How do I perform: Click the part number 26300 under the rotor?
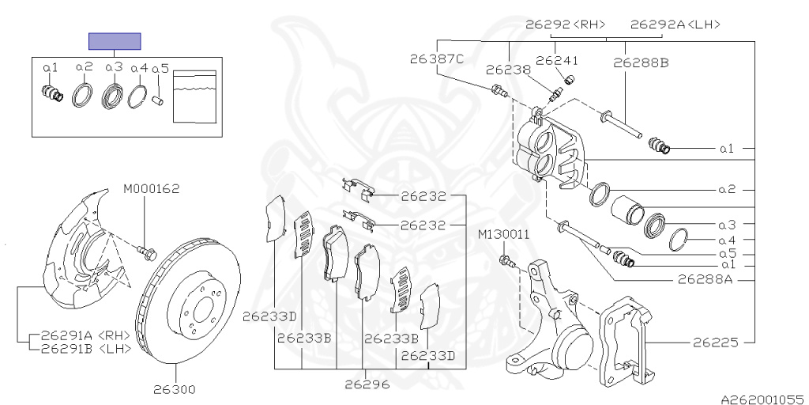(x=175, y=388)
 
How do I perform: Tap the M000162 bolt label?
(x=151, y=189)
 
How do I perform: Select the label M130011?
(x=503, y=234)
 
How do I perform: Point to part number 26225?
(x=715, y=343)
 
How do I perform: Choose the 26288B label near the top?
(x=641, y=63)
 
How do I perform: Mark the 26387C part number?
(x=437, y=59)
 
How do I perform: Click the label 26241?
(x=557, y=61)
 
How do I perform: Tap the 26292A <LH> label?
(x=675, y=24)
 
